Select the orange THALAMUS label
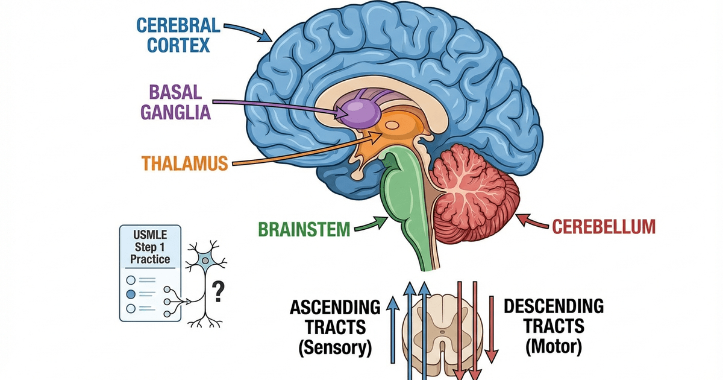point(184,163)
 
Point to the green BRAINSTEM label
point(304,229)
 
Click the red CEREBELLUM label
point(603,227)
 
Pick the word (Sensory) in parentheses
point(335,348)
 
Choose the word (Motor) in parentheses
point(553,347)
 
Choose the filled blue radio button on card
point(130,294)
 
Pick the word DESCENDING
point(553,306)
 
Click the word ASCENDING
point(335,308)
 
